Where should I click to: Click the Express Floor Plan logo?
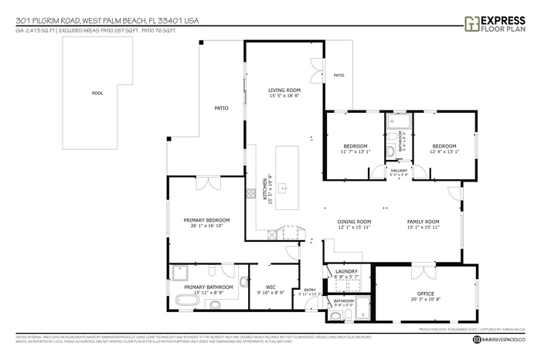tap(495, 22)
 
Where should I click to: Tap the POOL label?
tap(97, 93)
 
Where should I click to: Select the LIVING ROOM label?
tap(284, 90)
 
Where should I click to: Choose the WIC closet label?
tap(271, 287)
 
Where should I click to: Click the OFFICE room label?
tap(426, 294)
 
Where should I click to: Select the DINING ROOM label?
tap(354, 222)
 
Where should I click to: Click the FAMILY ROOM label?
tap(423, 222)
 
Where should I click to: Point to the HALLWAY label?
tap(399, 171)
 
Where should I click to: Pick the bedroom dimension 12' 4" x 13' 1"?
tap(444, 151)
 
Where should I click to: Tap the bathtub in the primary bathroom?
tap(183, 300)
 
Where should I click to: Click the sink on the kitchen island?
tap(283, 187)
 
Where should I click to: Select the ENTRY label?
tap(310, 290)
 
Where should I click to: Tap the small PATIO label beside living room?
tap(339, 75)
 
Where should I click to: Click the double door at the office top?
tap(423, 271)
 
